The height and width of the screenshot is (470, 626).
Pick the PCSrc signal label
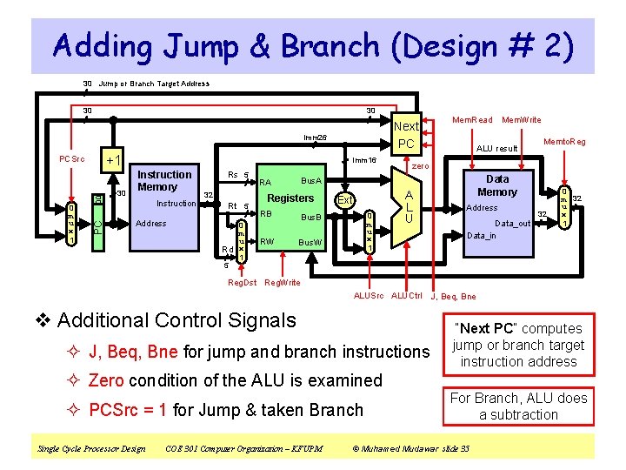tap(72, 159)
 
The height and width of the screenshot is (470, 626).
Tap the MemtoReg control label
tap(564, 141)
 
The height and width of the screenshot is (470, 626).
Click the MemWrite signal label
tap(522, 120)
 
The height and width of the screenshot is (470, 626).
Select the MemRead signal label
tap(472, 120)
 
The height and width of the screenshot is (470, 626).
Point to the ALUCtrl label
tap(406, 296)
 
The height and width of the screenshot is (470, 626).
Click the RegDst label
tap(242, 282)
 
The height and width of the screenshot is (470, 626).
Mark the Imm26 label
tap(315, 138)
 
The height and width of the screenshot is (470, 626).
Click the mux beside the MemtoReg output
tap(565, 206)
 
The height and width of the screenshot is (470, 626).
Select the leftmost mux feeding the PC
tap(72, 225)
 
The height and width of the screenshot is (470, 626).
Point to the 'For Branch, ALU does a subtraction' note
tap(519, 406)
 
